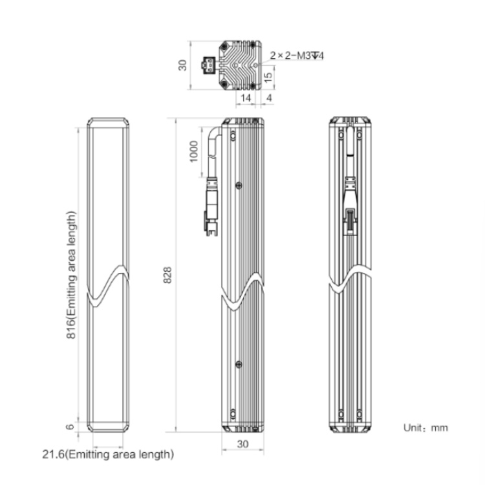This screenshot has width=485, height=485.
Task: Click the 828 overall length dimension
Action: pos(167,275)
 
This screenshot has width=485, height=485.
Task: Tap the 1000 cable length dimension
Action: pos(193,151)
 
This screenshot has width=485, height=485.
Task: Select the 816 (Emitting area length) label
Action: pos(71,275)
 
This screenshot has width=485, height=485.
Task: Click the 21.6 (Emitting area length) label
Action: pos(108,455)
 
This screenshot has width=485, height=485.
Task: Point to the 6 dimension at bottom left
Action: pos(70,427)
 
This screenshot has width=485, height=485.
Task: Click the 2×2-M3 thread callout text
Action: pos(297,56)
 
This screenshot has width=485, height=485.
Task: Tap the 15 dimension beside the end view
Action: pos(268,77)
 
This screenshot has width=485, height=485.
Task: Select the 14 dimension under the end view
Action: pos(246,98)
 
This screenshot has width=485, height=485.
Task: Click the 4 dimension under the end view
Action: pos(269,98)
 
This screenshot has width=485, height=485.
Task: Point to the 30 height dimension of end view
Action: pos(183,65)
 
